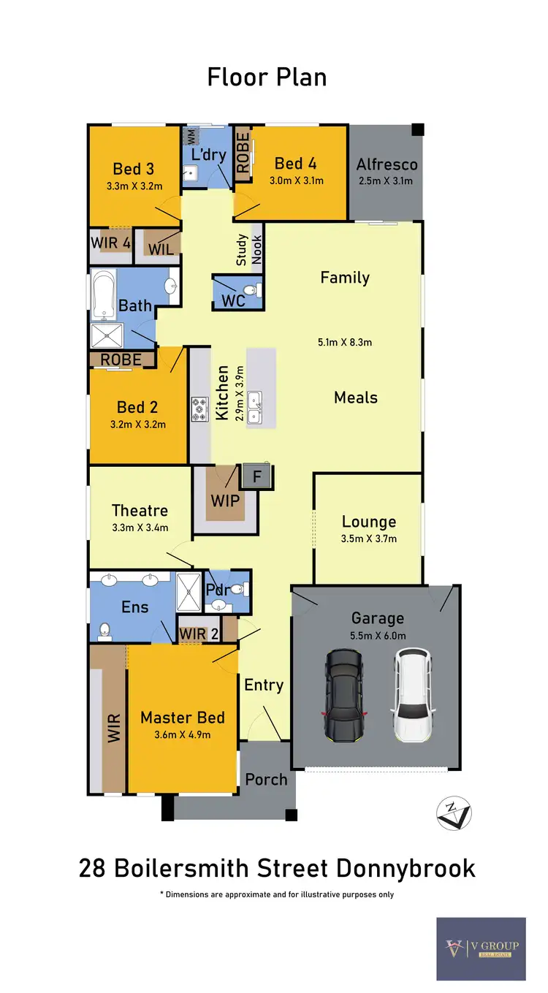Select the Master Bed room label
pyautogui.click(x=183, y=718)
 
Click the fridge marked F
pyautogui.click(x=256, y=475)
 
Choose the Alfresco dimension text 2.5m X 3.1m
pyautogui.click(x=386, y=180)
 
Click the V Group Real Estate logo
pyautogui.click(x=481, y=948)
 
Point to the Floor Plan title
pyautogui.click(x=267, y=77)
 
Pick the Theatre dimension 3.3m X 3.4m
pyautogui.click(x=140, y=528)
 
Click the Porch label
pyautogui.click(x=266, y=779)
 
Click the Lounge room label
pyautogui.click(x=369, y=522)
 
